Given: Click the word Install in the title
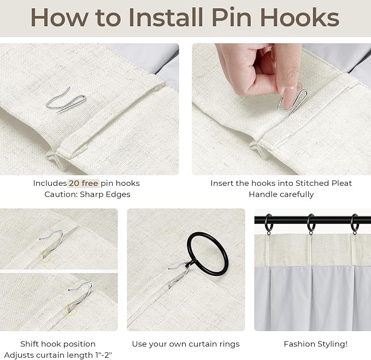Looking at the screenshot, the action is pos(166,17).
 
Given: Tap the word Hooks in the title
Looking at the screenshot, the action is pos(299,17).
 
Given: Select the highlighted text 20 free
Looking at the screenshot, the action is pos(84,183).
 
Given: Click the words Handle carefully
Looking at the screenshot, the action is pos(281,194).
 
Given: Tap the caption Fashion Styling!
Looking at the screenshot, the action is pos(316,344).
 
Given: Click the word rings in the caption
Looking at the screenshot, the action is pos(228,344).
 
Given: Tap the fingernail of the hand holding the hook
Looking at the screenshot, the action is pos(290,97).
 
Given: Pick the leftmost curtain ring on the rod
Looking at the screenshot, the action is pos(268,223).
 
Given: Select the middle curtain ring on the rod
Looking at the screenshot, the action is pos(311,223).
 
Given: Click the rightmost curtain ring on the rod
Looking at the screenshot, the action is pos(355,223).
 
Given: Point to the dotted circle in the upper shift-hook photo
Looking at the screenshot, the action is pos(45,256).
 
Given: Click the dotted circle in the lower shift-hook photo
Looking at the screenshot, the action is pos(71,309).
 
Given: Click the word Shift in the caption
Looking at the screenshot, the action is pos(30,344).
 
